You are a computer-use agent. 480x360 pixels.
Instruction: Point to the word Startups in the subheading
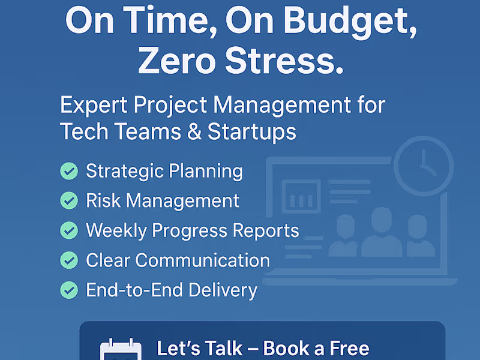(x=252, y=132)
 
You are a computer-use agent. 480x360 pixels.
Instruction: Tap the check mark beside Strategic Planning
(x=69, y=172)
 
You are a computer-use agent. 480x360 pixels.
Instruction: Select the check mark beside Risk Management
(x=69, y=200)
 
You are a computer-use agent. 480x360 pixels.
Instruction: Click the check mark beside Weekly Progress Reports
(x=69, y=230)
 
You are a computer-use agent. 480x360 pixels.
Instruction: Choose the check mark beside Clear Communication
(x=69, y=260)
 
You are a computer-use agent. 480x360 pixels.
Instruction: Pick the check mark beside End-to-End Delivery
(x=69, y=290)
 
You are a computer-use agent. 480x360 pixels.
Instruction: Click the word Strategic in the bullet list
(x=124, y=172)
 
